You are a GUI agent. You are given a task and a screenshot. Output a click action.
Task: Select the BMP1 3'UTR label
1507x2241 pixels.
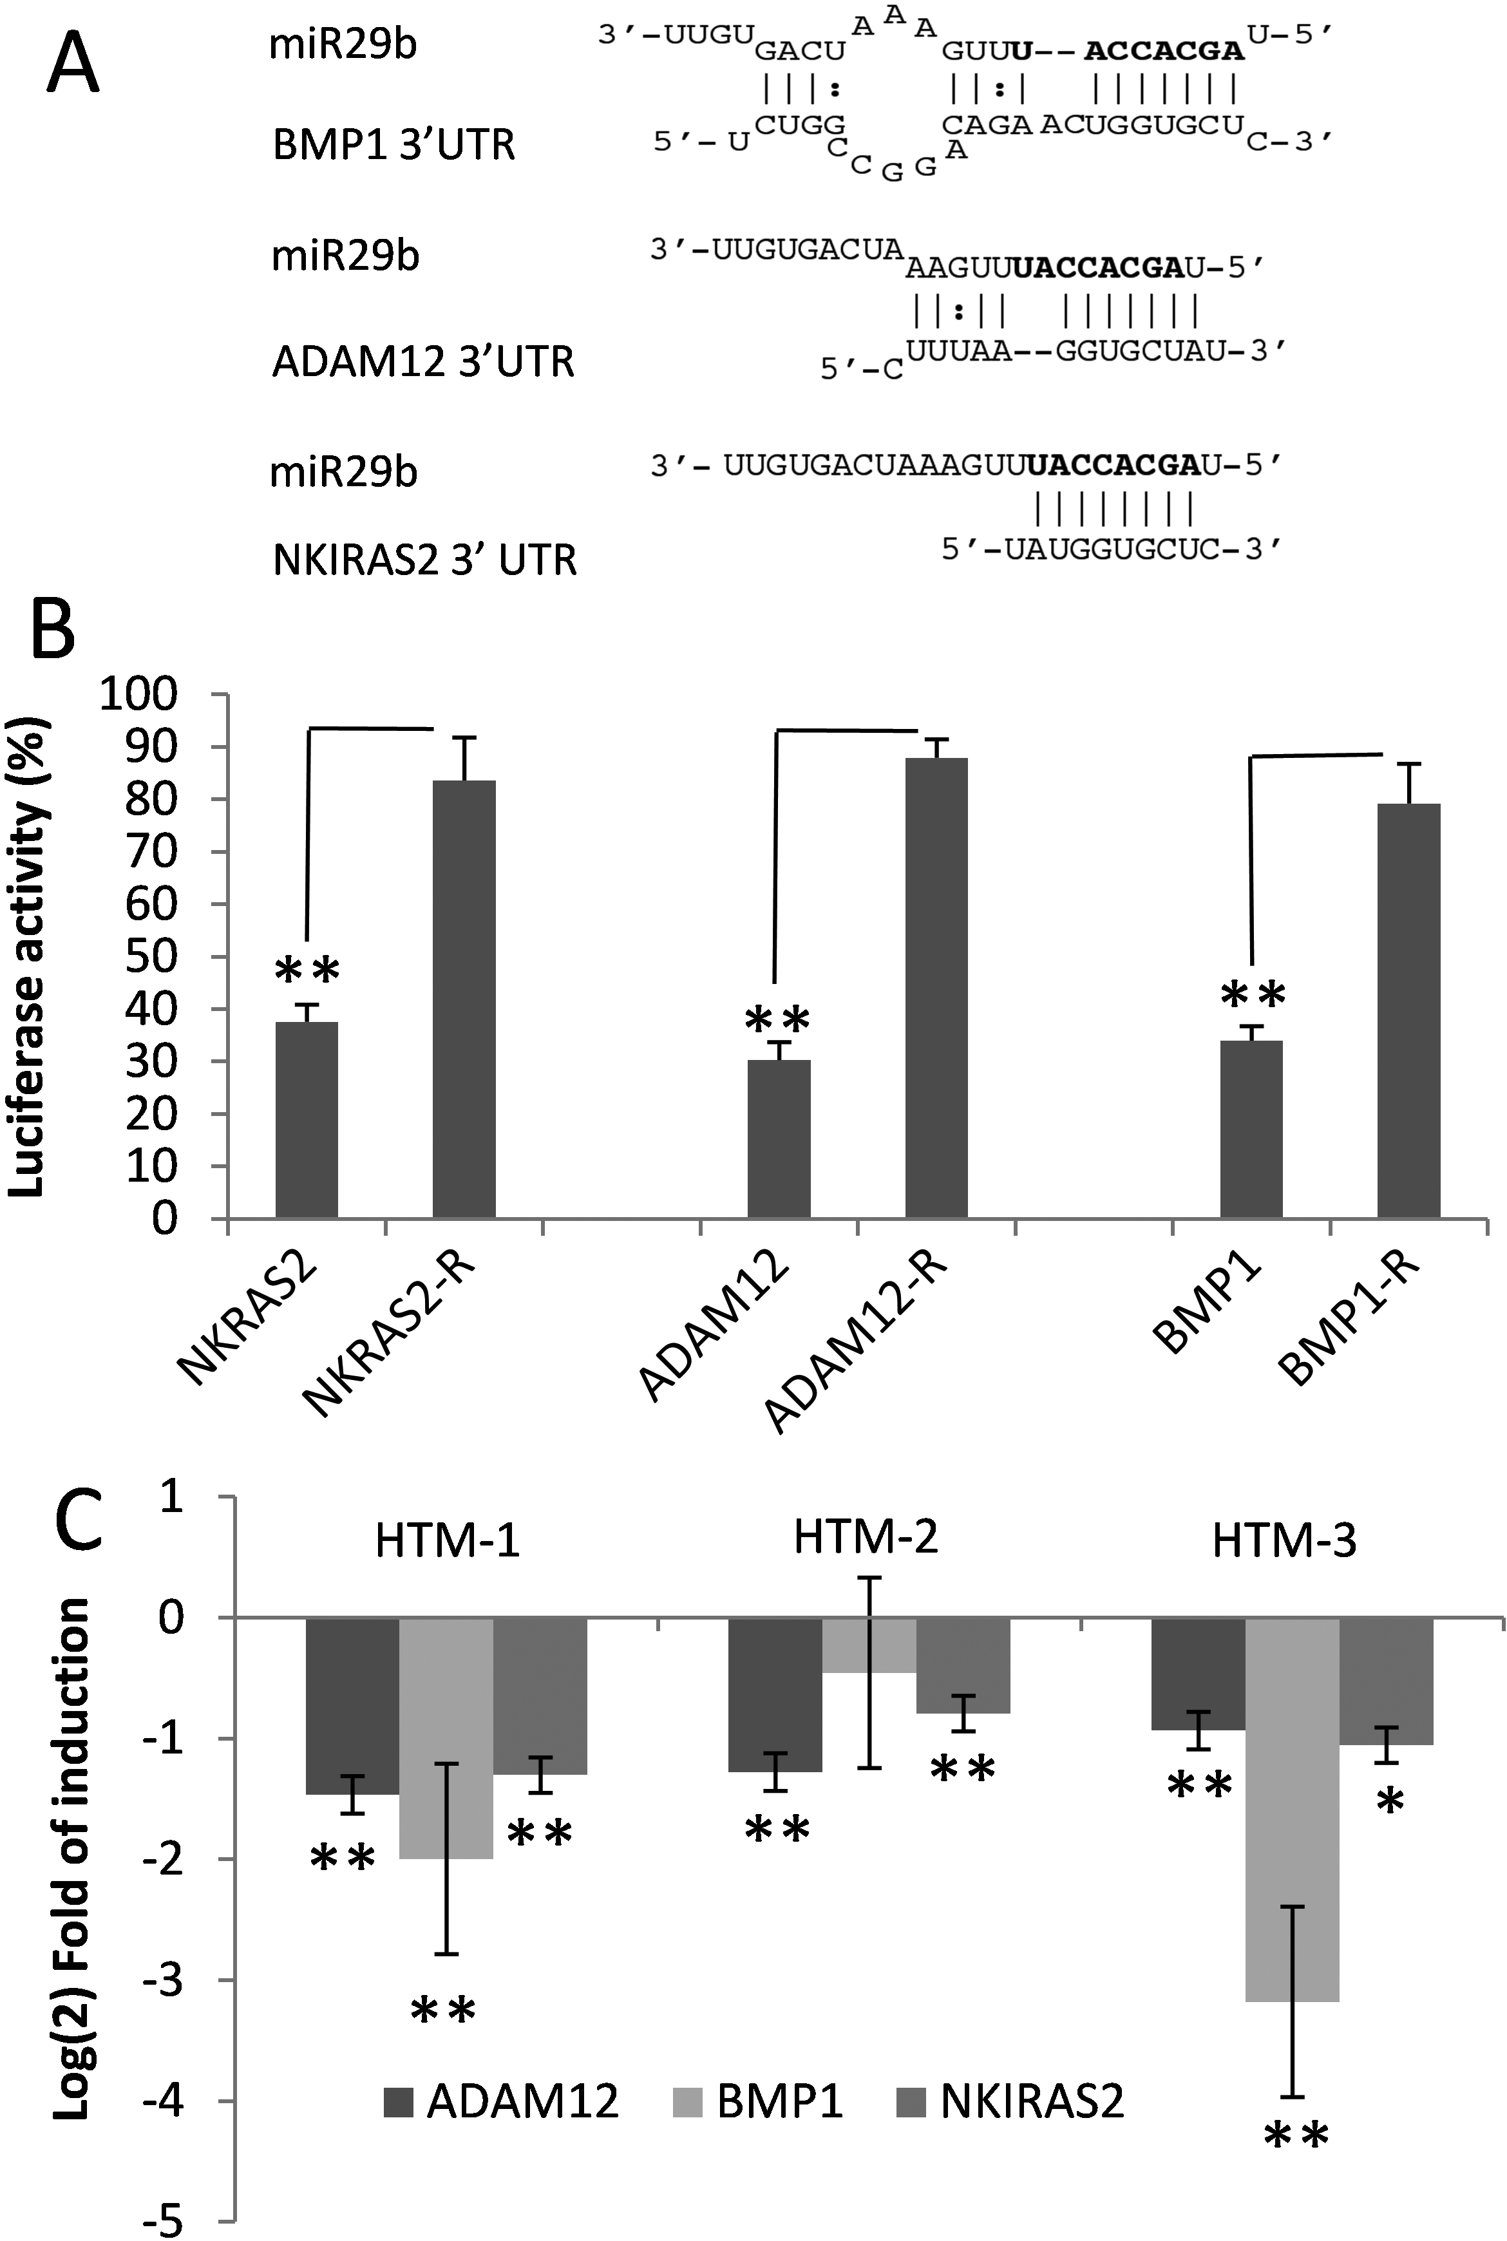point(394,145)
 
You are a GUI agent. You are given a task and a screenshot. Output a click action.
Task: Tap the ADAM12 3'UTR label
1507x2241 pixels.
point(423,363)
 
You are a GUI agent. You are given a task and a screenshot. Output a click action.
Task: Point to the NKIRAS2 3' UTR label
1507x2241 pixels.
point(425,560)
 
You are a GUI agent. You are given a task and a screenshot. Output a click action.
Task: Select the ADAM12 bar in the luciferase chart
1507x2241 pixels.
point(779,1139)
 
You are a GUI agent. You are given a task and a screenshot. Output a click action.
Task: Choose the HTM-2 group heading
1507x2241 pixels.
point(865,1538)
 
